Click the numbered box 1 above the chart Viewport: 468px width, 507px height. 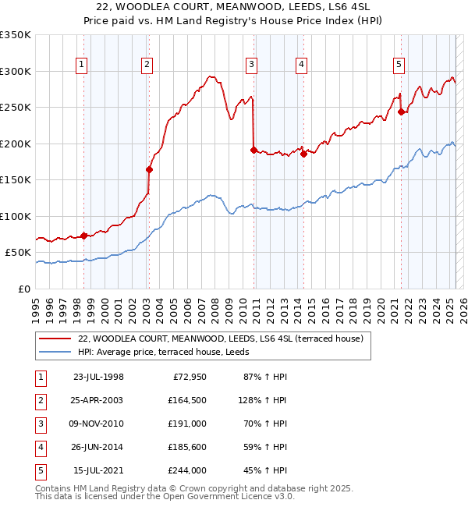82,65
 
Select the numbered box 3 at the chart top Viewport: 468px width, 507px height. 251,65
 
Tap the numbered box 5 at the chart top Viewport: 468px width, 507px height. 399,65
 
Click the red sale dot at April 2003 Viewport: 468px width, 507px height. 148,169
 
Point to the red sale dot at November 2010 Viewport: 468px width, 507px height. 253,150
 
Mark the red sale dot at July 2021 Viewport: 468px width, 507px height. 401,112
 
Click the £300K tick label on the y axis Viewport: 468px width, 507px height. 16,71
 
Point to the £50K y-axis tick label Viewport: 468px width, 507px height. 18,253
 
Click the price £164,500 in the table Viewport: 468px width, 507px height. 187,399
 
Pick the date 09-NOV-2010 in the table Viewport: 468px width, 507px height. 97,423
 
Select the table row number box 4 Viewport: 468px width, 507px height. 38,447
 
